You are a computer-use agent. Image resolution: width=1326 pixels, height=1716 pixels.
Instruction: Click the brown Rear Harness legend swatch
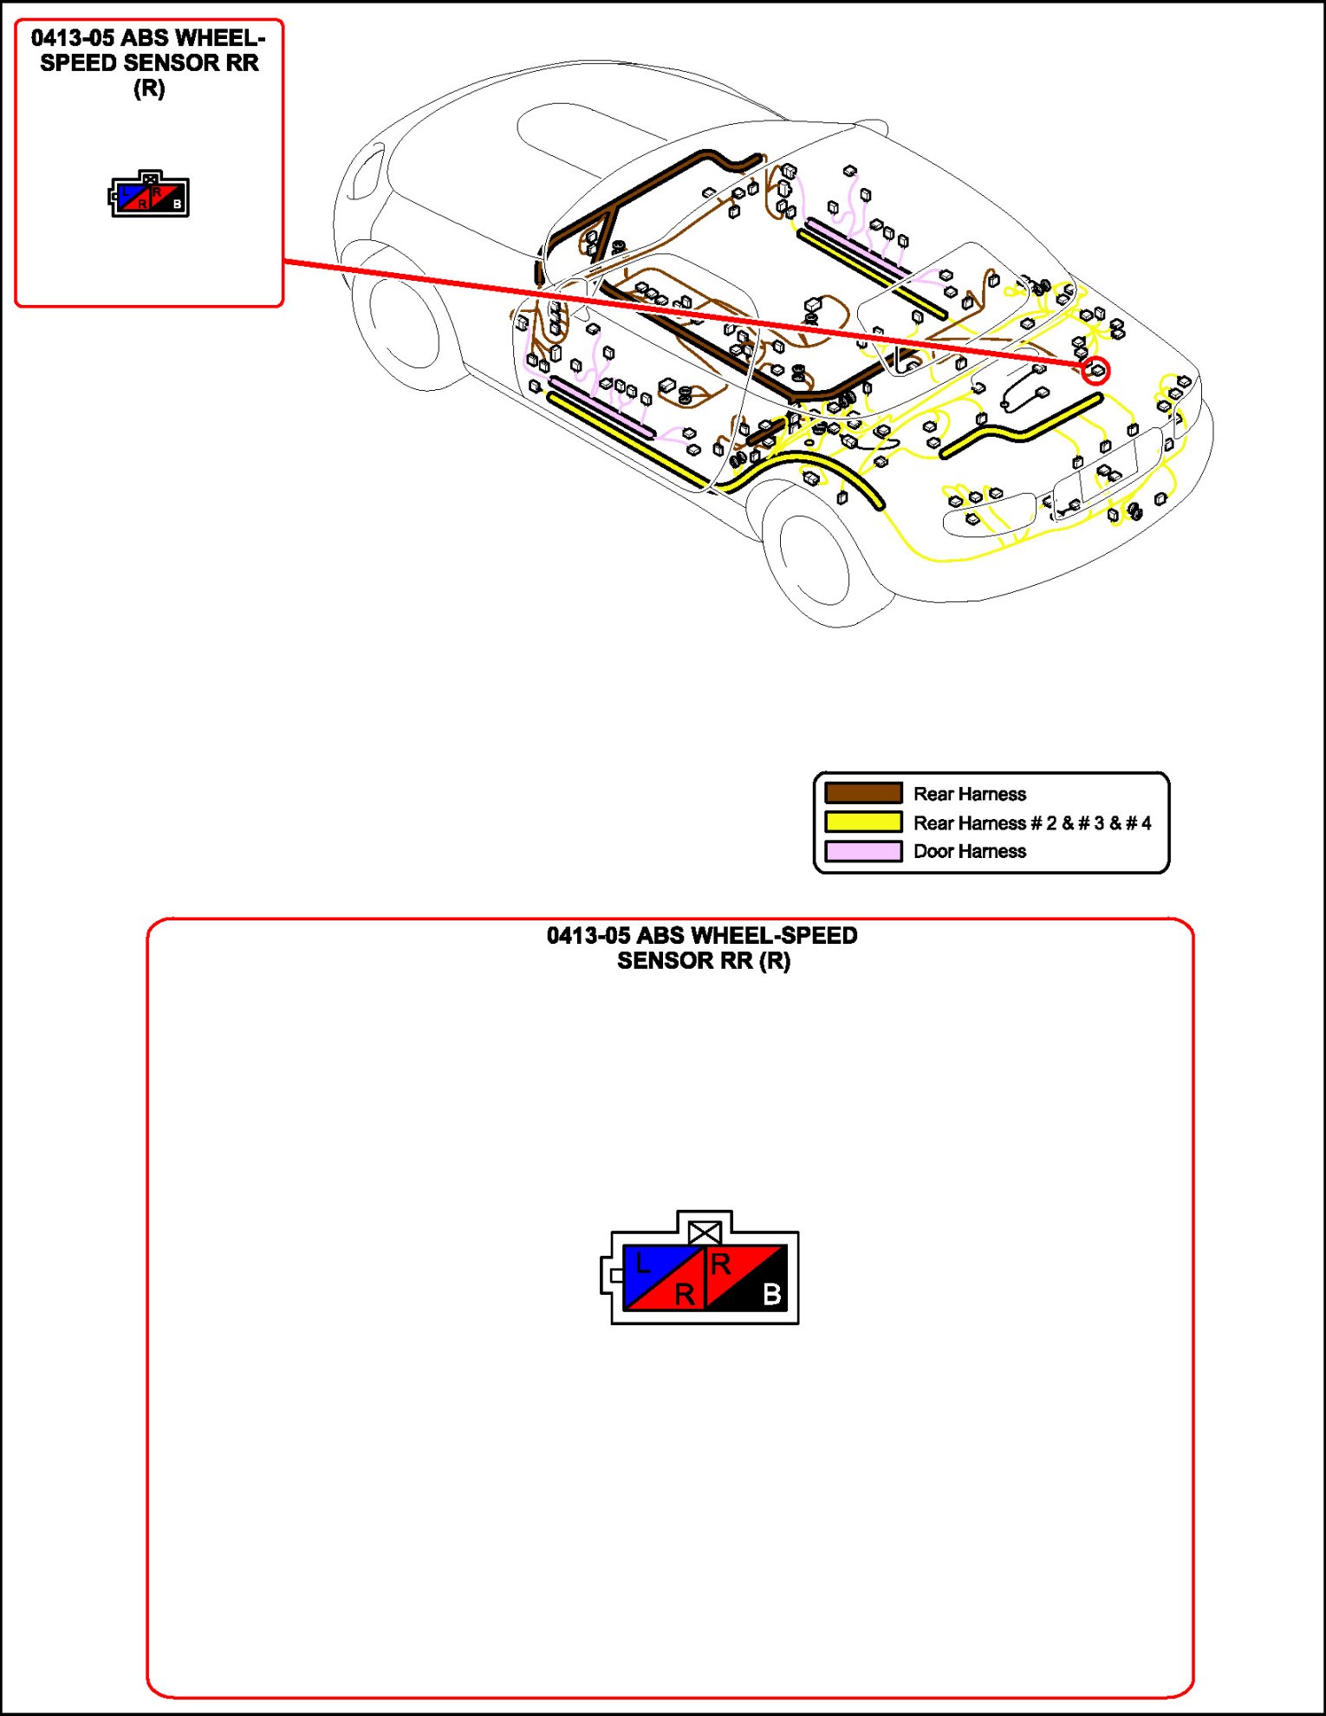863,793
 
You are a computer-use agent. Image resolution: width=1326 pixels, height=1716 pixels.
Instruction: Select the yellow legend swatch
863,822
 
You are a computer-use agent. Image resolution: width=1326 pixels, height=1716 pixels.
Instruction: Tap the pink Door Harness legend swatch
863,851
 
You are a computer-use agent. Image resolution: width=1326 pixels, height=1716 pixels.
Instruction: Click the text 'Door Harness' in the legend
969,851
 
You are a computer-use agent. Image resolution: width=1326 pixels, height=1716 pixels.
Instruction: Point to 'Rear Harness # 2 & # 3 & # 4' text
1031,822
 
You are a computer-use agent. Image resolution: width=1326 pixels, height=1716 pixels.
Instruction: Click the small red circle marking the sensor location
1095,371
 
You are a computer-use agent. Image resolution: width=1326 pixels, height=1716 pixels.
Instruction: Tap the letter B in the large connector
771,1294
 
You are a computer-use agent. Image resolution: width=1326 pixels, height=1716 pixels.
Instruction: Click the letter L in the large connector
642,1264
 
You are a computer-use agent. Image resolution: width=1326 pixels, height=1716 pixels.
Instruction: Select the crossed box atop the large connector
705,1232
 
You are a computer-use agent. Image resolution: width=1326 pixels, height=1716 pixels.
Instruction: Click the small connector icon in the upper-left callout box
149,195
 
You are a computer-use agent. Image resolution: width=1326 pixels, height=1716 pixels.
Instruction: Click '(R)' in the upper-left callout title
149,88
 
